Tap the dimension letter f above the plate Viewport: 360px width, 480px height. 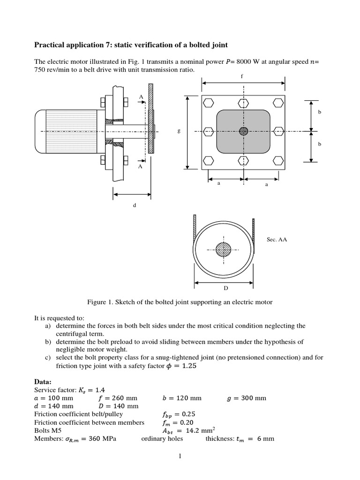[242, 75]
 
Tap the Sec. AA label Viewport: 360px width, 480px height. [277, 239]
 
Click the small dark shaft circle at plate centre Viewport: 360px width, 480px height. [243, 131]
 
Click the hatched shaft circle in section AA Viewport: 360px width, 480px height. [224, 249]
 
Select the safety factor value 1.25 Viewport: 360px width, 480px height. [185, 367]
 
